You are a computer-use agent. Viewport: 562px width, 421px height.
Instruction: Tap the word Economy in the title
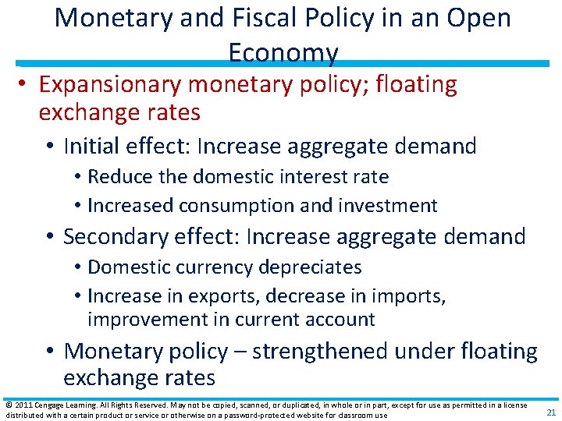(283, 52)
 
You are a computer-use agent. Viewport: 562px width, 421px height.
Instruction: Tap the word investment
(389, 206)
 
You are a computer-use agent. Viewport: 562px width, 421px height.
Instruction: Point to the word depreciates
(311, 267)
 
